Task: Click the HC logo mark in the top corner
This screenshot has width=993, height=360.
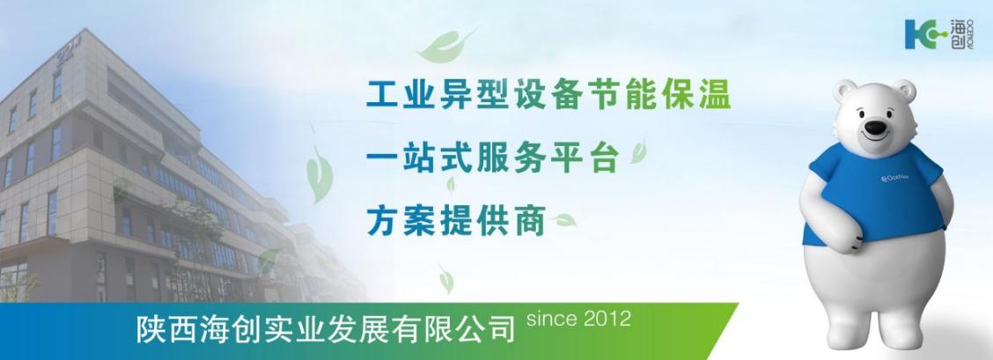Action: coord(921,33)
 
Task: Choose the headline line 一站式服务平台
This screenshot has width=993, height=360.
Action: coord(495,158)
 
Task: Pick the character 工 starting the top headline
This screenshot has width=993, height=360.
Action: coord(381,95)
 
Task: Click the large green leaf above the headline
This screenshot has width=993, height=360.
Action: coord(445,41)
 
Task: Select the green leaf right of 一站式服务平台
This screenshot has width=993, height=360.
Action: coord(638,151)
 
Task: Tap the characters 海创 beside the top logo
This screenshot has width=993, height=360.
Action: coord(957,33)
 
